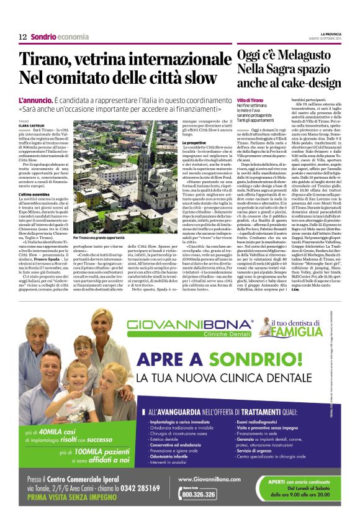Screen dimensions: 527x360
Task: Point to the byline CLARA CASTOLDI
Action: tap(32, 125)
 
